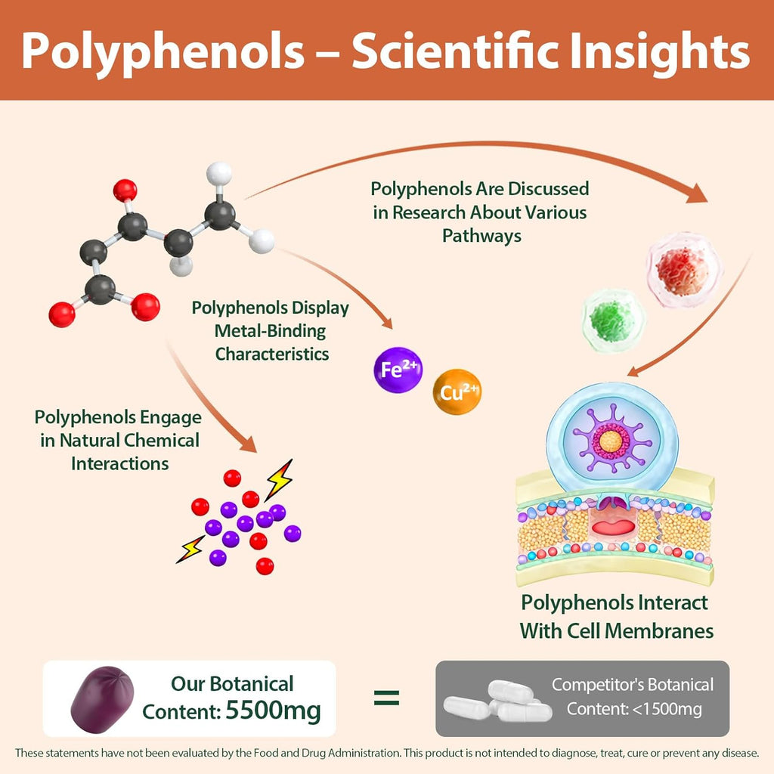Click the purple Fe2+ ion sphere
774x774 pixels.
click(398, 370)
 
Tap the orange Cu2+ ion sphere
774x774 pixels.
click(457, 392)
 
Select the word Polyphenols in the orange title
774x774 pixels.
click(163, 51)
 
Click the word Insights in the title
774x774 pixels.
click(659, 51)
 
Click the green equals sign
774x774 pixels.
click(386, 698)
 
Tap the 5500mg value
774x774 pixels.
click(273, 711)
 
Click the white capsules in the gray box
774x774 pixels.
click(498, 701)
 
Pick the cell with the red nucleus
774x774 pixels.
click(684, 271)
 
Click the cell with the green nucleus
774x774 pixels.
click(612, 320)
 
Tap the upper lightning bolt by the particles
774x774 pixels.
click(279, 479)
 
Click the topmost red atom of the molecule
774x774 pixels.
click(125, 190)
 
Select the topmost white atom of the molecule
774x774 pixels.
click(219, 173)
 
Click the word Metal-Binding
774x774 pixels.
click(270, 331)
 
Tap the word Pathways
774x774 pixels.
click(481, 236)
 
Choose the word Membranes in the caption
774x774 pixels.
click(659, 630)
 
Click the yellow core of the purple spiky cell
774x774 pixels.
click(611, 441)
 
